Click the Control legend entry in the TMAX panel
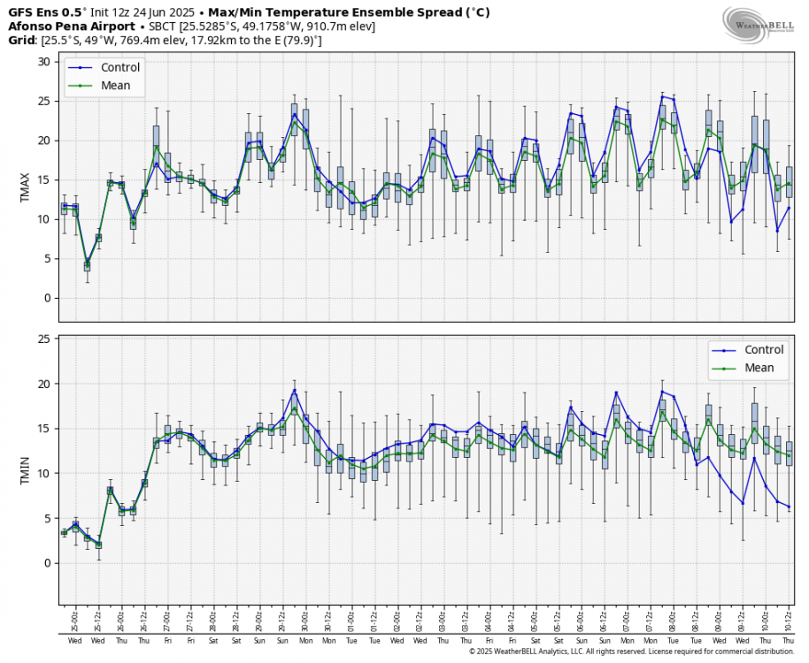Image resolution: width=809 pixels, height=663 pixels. pos(121,67)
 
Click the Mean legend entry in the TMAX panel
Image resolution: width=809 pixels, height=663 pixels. pos(115,86)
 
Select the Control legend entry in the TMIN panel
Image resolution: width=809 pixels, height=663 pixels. pos(764,349)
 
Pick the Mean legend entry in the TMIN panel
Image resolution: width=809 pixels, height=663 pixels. pos(759,368)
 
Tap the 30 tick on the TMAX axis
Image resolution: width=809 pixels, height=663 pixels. pos(42,61)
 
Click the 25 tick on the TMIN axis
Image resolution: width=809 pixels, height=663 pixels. pos(42,339)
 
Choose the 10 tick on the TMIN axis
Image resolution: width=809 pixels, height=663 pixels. pos(42,473)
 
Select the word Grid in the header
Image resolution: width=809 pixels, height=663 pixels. pos(22,41)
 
